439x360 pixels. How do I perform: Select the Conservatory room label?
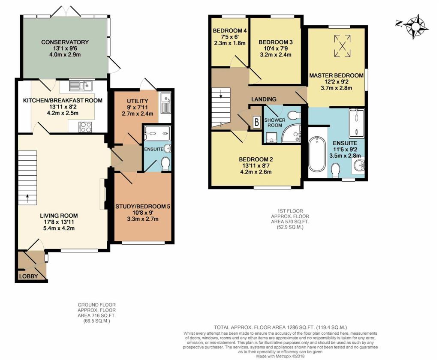point(65,42)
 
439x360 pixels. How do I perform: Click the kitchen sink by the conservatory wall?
point(81,85)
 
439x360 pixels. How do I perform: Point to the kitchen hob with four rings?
point(85,127)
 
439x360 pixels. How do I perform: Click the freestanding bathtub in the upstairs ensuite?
point(317,154)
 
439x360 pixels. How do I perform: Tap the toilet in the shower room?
point(294,115)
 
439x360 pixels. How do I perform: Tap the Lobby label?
point(29,276)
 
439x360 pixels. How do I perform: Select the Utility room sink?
point(166,103)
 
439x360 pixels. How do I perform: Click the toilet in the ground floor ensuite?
point(165,163)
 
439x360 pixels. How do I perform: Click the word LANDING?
point(264,99)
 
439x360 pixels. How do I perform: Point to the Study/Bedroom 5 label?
point(143,207)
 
